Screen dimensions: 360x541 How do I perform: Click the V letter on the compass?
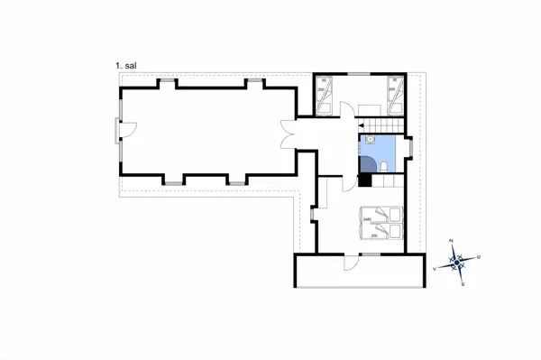coord(436,268)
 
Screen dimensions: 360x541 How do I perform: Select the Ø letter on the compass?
coord(479,257)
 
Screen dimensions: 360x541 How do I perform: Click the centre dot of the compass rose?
coord(458,263)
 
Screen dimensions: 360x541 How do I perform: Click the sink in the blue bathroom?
coord(368,141)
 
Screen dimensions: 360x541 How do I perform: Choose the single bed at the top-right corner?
coord(393,94)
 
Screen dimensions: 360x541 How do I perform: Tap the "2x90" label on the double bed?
coord(367,219)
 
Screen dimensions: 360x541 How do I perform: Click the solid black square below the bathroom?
coord(365,180)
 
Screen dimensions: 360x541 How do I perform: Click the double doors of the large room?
coord(288,132)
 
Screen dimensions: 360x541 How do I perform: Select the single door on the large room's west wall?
coord(123,132)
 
